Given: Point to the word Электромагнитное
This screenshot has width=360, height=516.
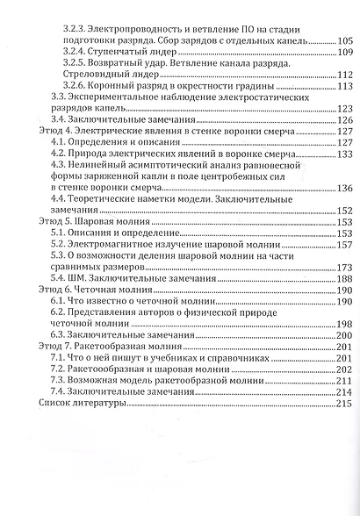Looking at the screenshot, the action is coord(121,245).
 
